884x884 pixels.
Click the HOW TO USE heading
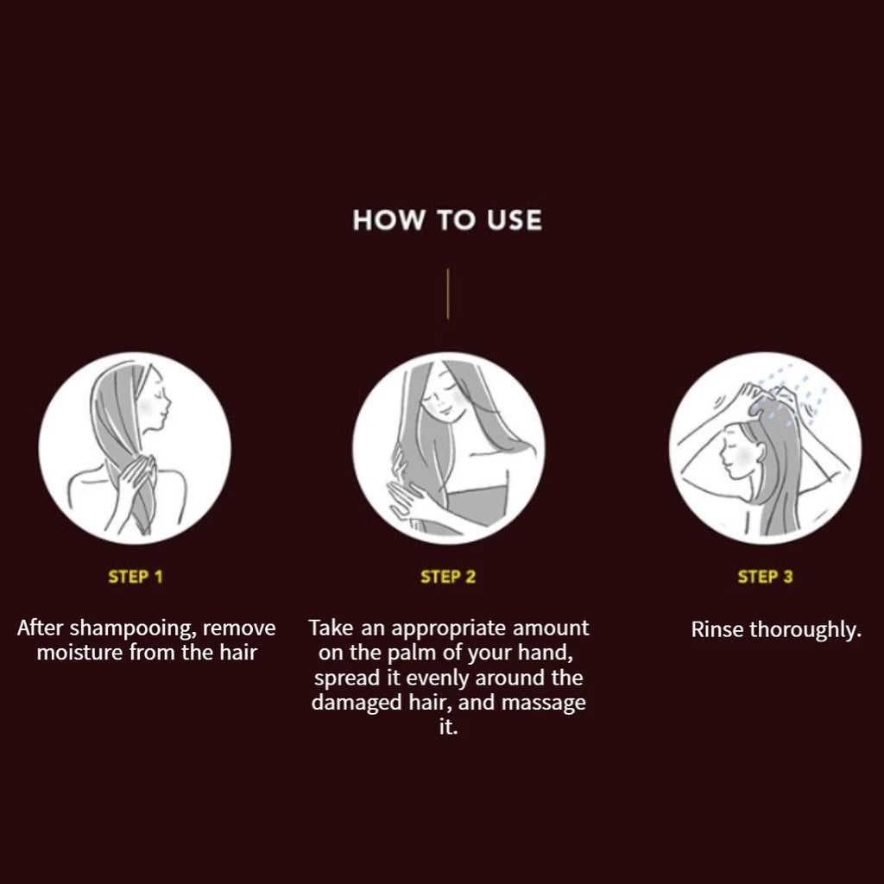[x=447, y=220]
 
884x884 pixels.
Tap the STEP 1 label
[x=136, y=577]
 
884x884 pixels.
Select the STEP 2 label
[x=448, y=577]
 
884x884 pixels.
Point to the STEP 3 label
[x=765, y=577]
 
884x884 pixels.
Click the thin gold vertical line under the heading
[x=448, y=294]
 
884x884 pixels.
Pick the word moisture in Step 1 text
[x=80, y=653]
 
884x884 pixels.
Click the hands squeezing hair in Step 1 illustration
[x=133, y=479]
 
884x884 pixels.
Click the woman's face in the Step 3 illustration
[x=739, y=454]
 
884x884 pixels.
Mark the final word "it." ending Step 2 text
[x=448, y=727]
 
